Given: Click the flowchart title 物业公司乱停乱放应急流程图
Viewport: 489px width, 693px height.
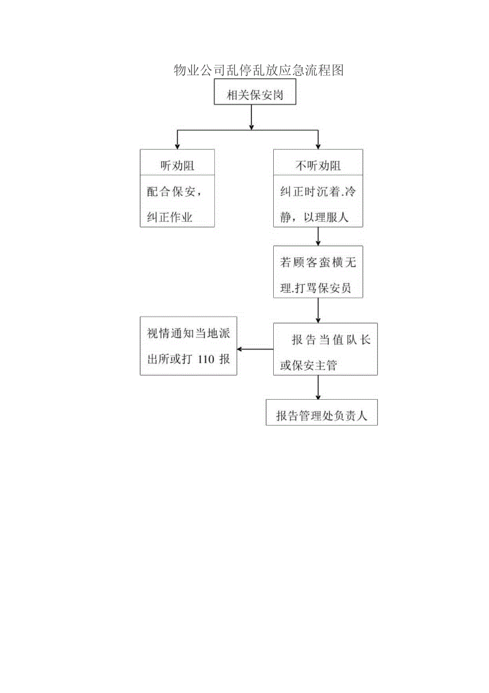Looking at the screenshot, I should click(x=259, y=70).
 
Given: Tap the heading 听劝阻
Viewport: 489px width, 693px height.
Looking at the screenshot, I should click(x=177, y=166).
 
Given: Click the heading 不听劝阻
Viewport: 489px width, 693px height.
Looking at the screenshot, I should click(x=317, y=166).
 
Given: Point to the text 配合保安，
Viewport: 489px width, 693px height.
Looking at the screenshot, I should click(x=174, y=192).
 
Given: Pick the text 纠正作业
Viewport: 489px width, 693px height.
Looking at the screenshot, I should click(x=170, y=217).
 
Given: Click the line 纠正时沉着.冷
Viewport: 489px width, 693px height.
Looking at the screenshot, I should click(x=317, y=192).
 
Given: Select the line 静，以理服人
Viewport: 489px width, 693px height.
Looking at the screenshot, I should click(x=314, y=217).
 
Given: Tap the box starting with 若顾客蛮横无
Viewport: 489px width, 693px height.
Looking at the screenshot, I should click(x=317, y=271).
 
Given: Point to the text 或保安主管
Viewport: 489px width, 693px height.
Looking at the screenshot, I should click(x=308, y=365).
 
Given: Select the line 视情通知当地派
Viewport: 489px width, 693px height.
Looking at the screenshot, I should click(x=189, y=334).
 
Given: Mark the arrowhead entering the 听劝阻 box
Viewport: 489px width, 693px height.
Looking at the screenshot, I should click(x=177, y=146).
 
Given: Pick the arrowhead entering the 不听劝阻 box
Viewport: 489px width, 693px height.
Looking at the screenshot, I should click(x=318, y=146).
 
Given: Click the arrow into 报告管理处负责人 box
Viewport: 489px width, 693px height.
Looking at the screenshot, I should click(x=318, y=396).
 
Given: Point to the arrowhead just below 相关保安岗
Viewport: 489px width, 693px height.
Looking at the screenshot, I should click(x=251, y=126).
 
